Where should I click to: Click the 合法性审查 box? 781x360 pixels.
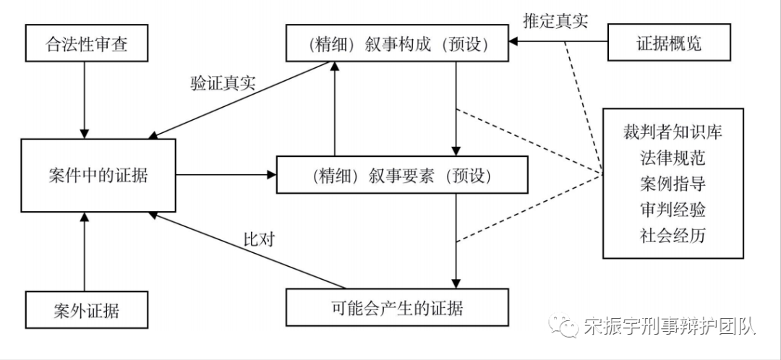[x=86, y=45]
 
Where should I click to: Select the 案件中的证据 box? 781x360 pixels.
[x=98, y=175]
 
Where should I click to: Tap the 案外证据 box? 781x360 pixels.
[x=86, y=311]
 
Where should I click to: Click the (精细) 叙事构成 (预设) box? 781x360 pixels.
[x=398, y=44]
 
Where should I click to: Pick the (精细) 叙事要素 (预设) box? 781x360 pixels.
[x=398, y=176]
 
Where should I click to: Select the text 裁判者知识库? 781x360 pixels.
[x=673, y=132]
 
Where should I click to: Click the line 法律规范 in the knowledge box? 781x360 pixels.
[x=673, y=158]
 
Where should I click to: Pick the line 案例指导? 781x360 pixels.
[x=673, y=184]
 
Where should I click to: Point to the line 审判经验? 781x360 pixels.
[x=673, y=210]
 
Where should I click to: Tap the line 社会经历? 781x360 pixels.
[x=673, y=235]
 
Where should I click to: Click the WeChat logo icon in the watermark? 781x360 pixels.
[x=564, y=327]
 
